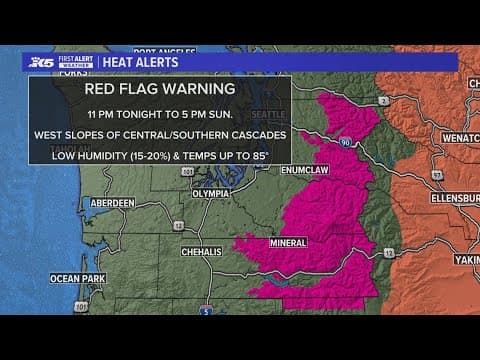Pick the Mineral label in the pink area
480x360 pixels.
[289, 242]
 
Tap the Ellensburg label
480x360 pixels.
[456, 198]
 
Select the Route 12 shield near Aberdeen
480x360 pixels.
[152, 225]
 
